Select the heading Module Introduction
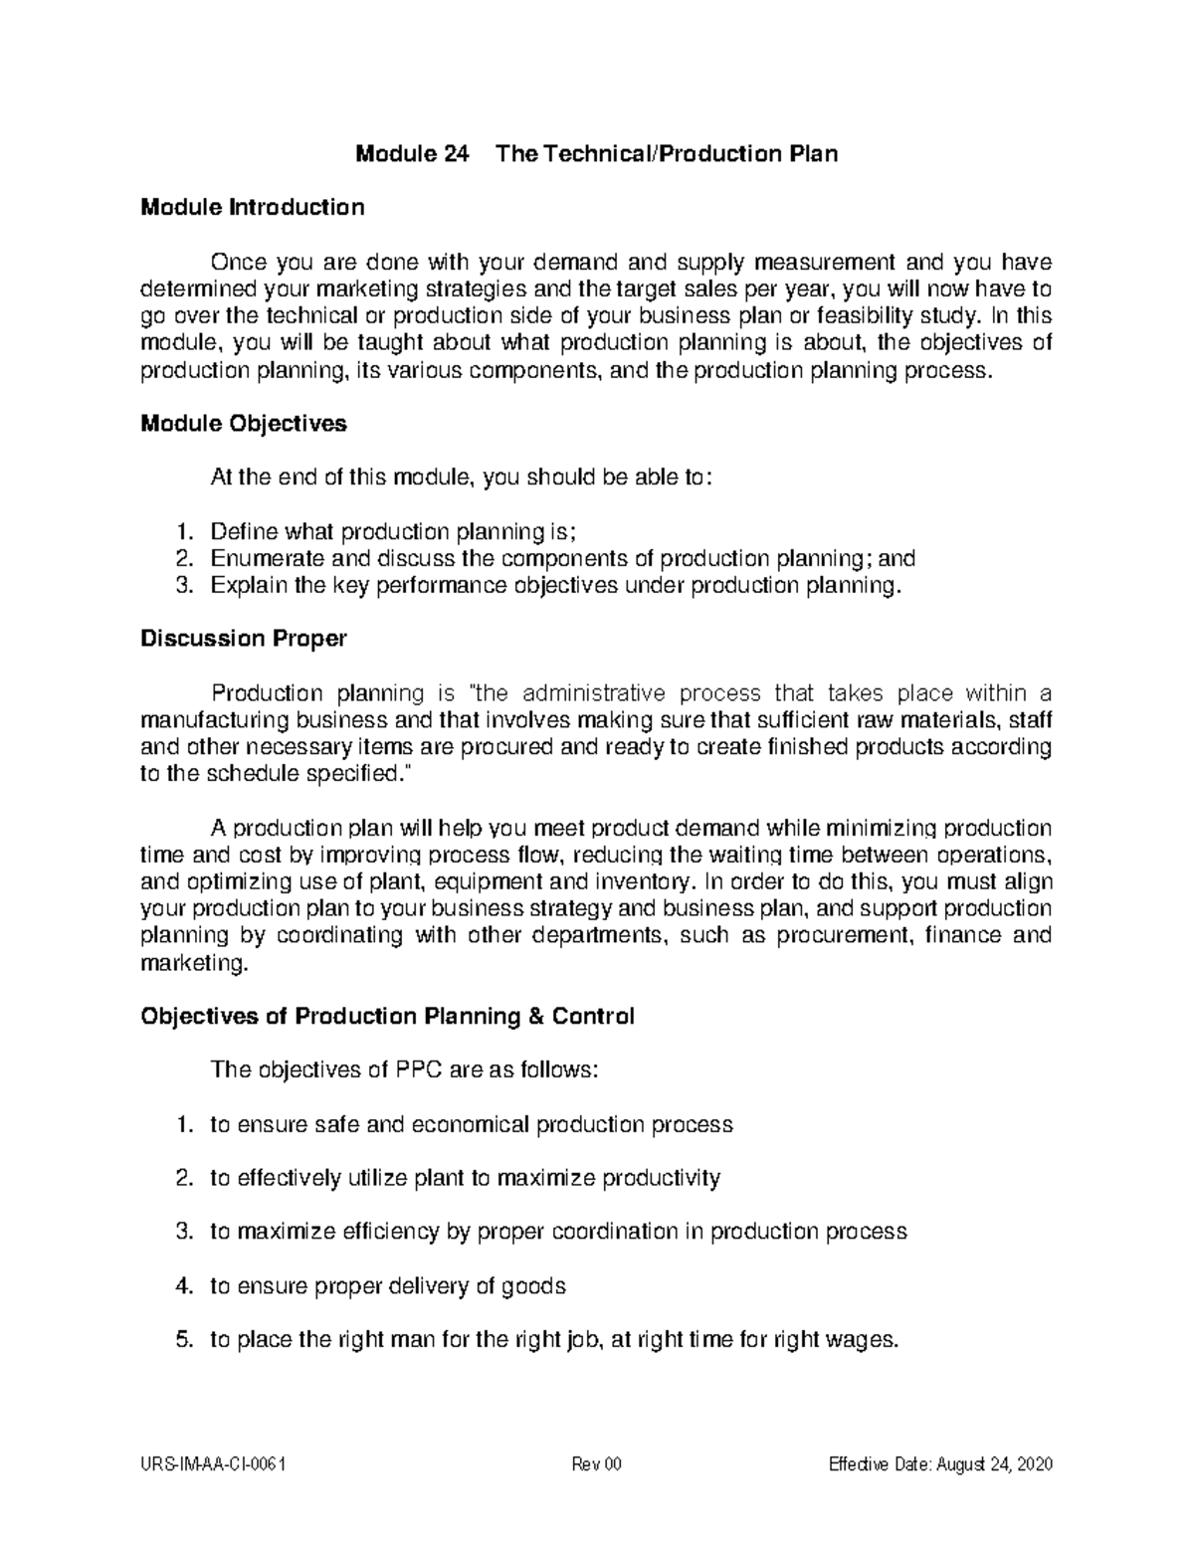pyautogui.click(x=253, y=208)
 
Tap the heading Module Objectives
pyautogui.click(x=244, y=424)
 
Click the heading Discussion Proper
pyautogui.click(x=244, y=639)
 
